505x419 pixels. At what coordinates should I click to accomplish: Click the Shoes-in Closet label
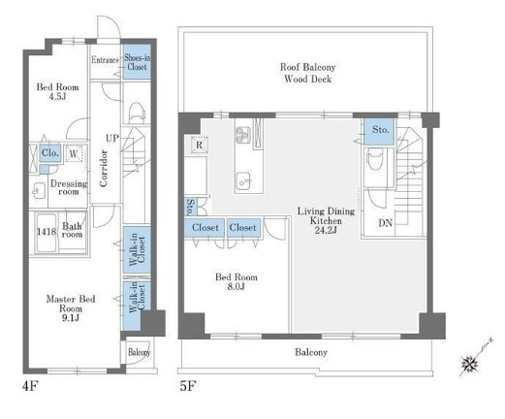[138, 62]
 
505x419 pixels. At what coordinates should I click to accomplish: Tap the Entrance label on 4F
[105, 60]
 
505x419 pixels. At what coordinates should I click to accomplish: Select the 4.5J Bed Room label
[57, 91]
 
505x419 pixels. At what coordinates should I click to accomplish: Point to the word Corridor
[104, 168]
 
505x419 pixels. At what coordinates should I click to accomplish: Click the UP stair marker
[112, 138]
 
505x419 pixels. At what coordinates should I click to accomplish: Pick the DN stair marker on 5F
[386, 223]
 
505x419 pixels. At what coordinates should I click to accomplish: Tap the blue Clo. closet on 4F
[50, 152]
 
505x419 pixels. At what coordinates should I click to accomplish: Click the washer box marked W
[74, 153]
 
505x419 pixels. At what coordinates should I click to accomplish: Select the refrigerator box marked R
[199, 145]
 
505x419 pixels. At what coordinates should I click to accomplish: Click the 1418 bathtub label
[46, 232]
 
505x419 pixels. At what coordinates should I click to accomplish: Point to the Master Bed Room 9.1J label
[71, 308]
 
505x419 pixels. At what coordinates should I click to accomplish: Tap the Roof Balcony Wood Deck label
[307, 73]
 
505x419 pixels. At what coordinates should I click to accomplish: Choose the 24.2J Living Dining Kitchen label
[326, 220]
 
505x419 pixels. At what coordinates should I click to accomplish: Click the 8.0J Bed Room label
[237, 281]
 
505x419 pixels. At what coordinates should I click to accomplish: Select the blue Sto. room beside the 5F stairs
[379, 131]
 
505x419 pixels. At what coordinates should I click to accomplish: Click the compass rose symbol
[470, 364]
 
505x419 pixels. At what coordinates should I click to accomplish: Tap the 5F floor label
[188, 386]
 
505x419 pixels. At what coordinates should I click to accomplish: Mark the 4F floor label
[30, 386]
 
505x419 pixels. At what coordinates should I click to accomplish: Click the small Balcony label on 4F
[140, 352]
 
